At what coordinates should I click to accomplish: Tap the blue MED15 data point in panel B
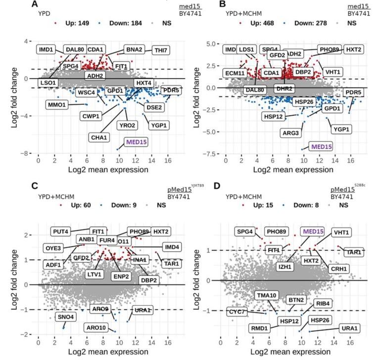tap(302, 149)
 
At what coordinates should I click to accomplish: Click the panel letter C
tap(35, 186)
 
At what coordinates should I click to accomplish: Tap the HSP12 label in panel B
tap(275, 117)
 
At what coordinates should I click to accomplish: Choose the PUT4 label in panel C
tap(62, 231)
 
